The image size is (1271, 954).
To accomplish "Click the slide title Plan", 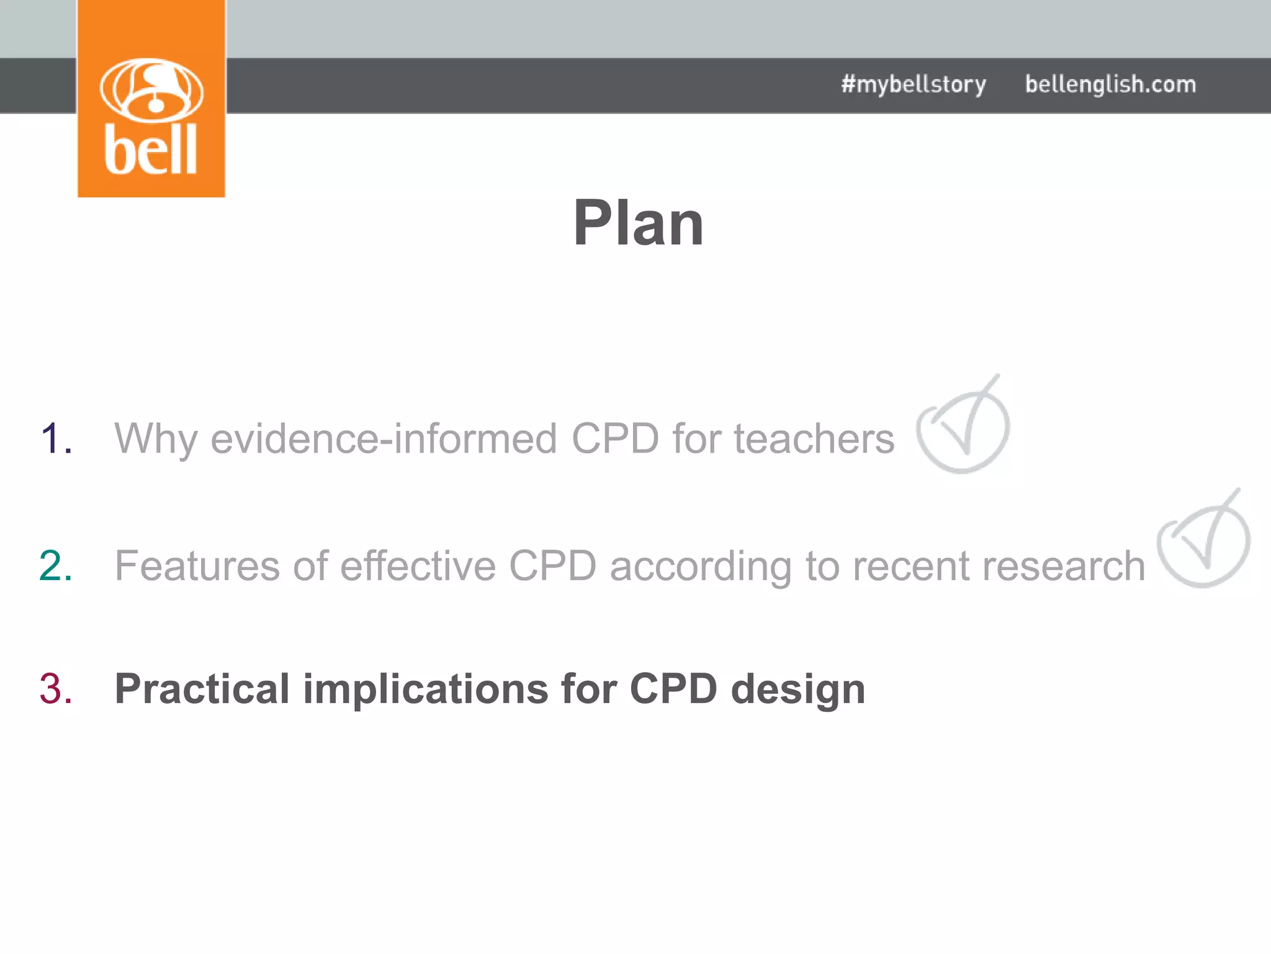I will (638, 223).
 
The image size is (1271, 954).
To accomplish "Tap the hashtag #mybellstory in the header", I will (913, 84).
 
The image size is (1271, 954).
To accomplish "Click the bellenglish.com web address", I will (1110, 84).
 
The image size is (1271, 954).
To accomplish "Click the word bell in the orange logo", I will (151, 150).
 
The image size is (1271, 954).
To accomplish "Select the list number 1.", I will (56, 438).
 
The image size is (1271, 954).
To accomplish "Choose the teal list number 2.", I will (56, 566).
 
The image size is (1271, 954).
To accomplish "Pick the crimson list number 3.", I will (56, 689).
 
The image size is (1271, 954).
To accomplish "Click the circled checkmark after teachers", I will (963, 426).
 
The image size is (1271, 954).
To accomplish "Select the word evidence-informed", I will (384, 438).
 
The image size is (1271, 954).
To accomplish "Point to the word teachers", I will (814, 438).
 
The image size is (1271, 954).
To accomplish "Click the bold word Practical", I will (202, 689).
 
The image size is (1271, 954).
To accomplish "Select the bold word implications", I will (426, 690).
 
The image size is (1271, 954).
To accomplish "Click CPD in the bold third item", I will (673, 689).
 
